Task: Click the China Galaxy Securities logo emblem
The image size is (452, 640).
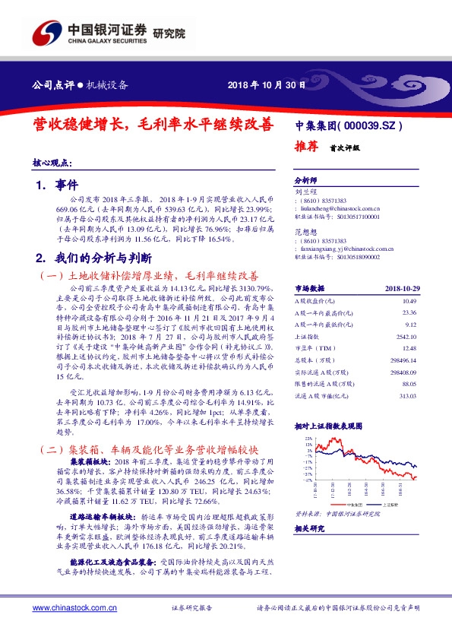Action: point(46,34)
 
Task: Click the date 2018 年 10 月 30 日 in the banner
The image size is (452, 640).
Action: point(267,85)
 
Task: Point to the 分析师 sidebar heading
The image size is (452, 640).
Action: point(305,181)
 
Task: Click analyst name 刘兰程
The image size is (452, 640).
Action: point(305,193)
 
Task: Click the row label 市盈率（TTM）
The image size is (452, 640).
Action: point(311,348)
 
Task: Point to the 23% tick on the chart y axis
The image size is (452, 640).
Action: point(306,439)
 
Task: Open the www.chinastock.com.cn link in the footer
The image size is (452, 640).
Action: point(73,608)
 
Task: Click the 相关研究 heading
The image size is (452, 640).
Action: point(310,528)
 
